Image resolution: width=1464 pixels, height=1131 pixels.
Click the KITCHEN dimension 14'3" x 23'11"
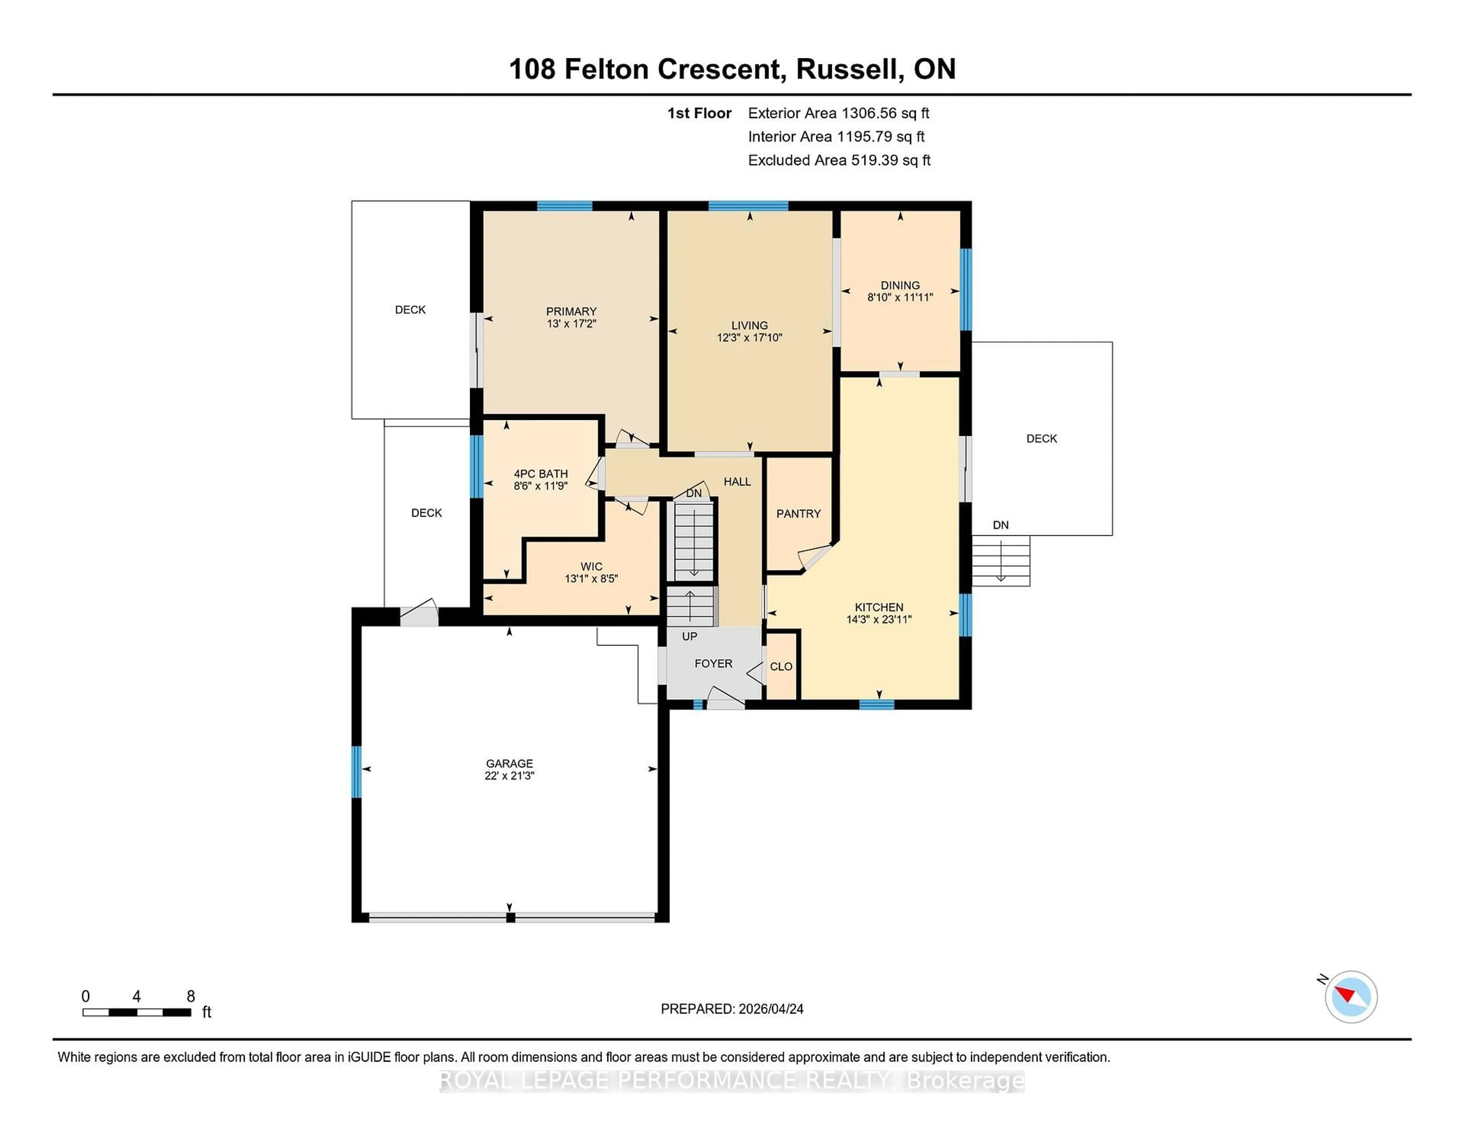pyautogui.click(x=879, y=620)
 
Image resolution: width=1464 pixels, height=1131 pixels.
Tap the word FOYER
pyautogui.click(x=713, y=663)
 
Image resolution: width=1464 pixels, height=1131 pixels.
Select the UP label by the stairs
pyautogui.click(x=689, y=636)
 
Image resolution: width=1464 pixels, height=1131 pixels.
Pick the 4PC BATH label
pyautogui.click(x=541, y=474)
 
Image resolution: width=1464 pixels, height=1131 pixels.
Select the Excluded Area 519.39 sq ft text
pyautogui.click(x=839, y=160)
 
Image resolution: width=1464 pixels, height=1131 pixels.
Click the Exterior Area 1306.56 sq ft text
pyautogui.click(x=839, y=113)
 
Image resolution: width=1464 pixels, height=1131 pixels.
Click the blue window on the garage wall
pyautogui.click(x=356, y=772)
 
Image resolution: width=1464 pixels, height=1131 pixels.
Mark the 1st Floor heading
pyautogui.click(x=699, y=113)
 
